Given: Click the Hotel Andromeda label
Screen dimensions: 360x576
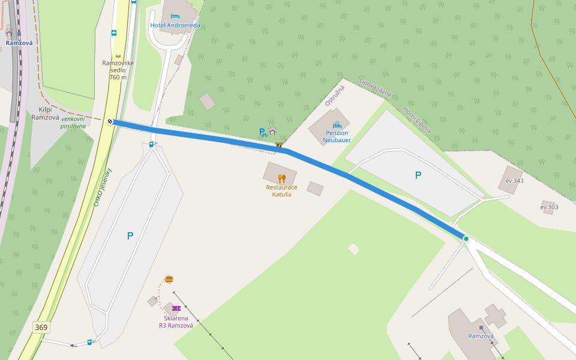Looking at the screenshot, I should (x=176, y=25).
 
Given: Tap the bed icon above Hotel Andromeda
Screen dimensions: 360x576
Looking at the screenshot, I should (x=175, y=16).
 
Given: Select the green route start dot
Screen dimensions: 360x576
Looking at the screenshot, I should (x=466, y=239).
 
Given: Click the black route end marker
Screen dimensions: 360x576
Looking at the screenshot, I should (x=110, y=122).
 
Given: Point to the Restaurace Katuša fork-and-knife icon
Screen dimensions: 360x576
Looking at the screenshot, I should (x=281, y=178).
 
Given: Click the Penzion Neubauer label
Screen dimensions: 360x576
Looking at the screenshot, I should (x=337, y=136).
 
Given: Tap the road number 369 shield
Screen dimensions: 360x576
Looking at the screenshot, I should (x=41, y=328).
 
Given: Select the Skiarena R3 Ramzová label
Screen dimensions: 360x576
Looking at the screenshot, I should (x=176, y=322).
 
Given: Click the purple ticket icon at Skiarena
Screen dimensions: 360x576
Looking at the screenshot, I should (x=176, y=308).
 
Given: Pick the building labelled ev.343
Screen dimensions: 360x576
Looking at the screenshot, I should (x=511, y=180).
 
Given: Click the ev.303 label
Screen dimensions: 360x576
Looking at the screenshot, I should (x=549, y=208).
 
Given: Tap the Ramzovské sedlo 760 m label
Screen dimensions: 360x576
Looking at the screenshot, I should (x=118, y=70).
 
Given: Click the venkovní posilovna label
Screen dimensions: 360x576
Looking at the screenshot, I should (x=73, y=122).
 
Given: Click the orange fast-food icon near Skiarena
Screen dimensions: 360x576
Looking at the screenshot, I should (x=169, y=279).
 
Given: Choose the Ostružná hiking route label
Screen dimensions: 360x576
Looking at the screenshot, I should (x=335, y=96).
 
